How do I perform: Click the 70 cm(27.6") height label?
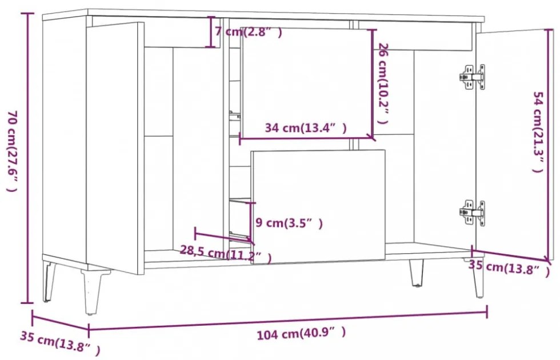[13, 151]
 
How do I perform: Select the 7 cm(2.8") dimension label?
[249, 33]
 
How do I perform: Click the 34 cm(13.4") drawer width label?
[305, 128]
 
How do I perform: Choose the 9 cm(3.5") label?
[289, 223]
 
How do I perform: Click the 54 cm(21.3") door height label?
[537, 131]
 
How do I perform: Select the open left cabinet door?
[114, 147]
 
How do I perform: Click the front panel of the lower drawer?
[318, 206]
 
